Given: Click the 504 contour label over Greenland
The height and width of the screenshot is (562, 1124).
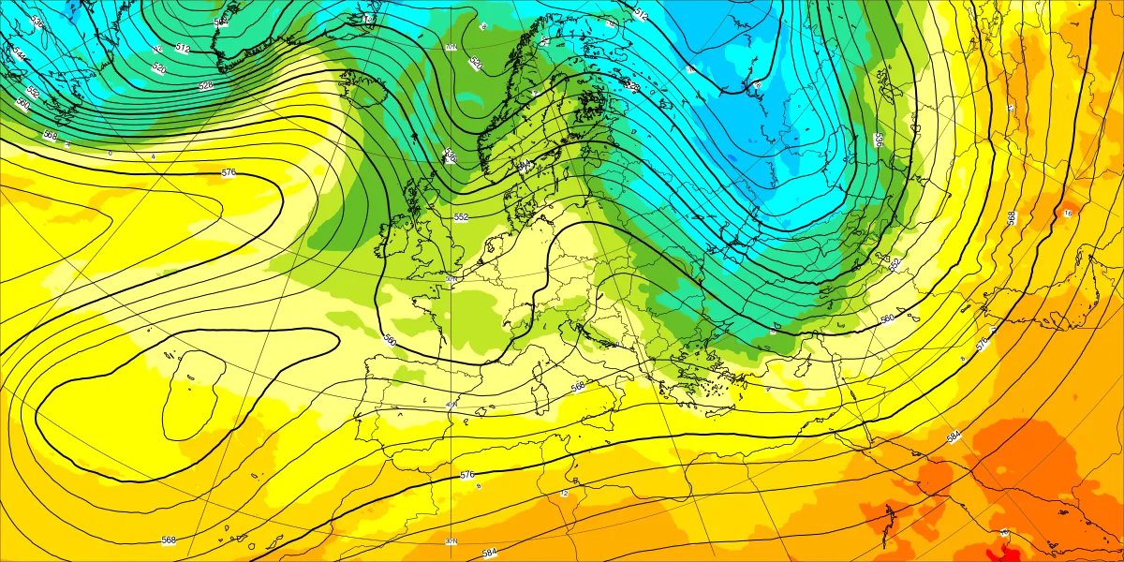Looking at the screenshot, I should pyautogui.click(x=221, y=22).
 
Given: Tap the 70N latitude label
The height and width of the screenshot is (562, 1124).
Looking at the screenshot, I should pyautogui.click(x=451, y=47).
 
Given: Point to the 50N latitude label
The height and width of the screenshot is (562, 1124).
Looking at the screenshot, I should pyautogui.click(x=451, y=278).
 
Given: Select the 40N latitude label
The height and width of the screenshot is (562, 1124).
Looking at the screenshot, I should pyautogui.click(x=451, y=405).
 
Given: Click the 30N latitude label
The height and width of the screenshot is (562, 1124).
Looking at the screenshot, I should pyautogui.click(x=451, y=541).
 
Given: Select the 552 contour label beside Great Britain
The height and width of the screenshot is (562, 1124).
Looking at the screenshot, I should pyautogui.click(x=461, y=217).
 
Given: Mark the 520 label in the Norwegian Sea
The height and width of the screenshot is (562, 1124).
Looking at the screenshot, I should pyautogui.click(x=475, y=64).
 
